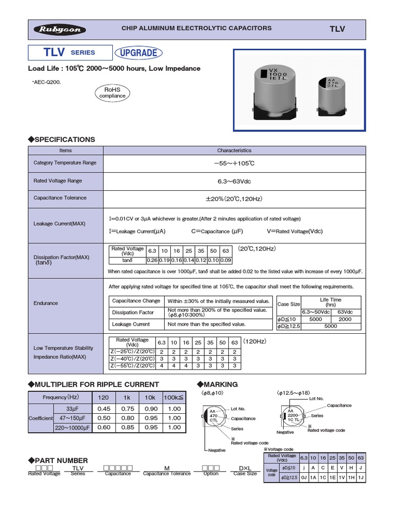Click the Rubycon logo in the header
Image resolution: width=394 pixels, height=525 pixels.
point(57,29)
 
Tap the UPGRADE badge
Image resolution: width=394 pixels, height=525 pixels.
point(138,52)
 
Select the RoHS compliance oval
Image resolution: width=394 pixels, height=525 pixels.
point(112,92)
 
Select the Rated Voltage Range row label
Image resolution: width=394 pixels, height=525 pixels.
point(57,181)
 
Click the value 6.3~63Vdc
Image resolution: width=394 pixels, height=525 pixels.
point(234,181)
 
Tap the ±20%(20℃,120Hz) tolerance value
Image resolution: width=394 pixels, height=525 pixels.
point(234,198)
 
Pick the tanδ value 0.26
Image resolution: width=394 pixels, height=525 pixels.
point(152,260)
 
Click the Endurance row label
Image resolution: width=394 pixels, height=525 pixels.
point(46,303)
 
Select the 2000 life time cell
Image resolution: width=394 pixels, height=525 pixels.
point(344,318)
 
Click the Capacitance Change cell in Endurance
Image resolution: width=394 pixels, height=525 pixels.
point(136,301)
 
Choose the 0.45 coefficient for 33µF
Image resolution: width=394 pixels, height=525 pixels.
point(104,409)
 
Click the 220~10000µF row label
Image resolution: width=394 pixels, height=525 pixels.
point(71,428)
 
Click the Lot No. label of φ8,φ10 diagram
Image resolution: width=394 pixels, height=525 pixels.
point(239,409)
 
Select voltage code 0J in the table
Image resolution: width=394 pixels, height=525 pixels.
point(304,478)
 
